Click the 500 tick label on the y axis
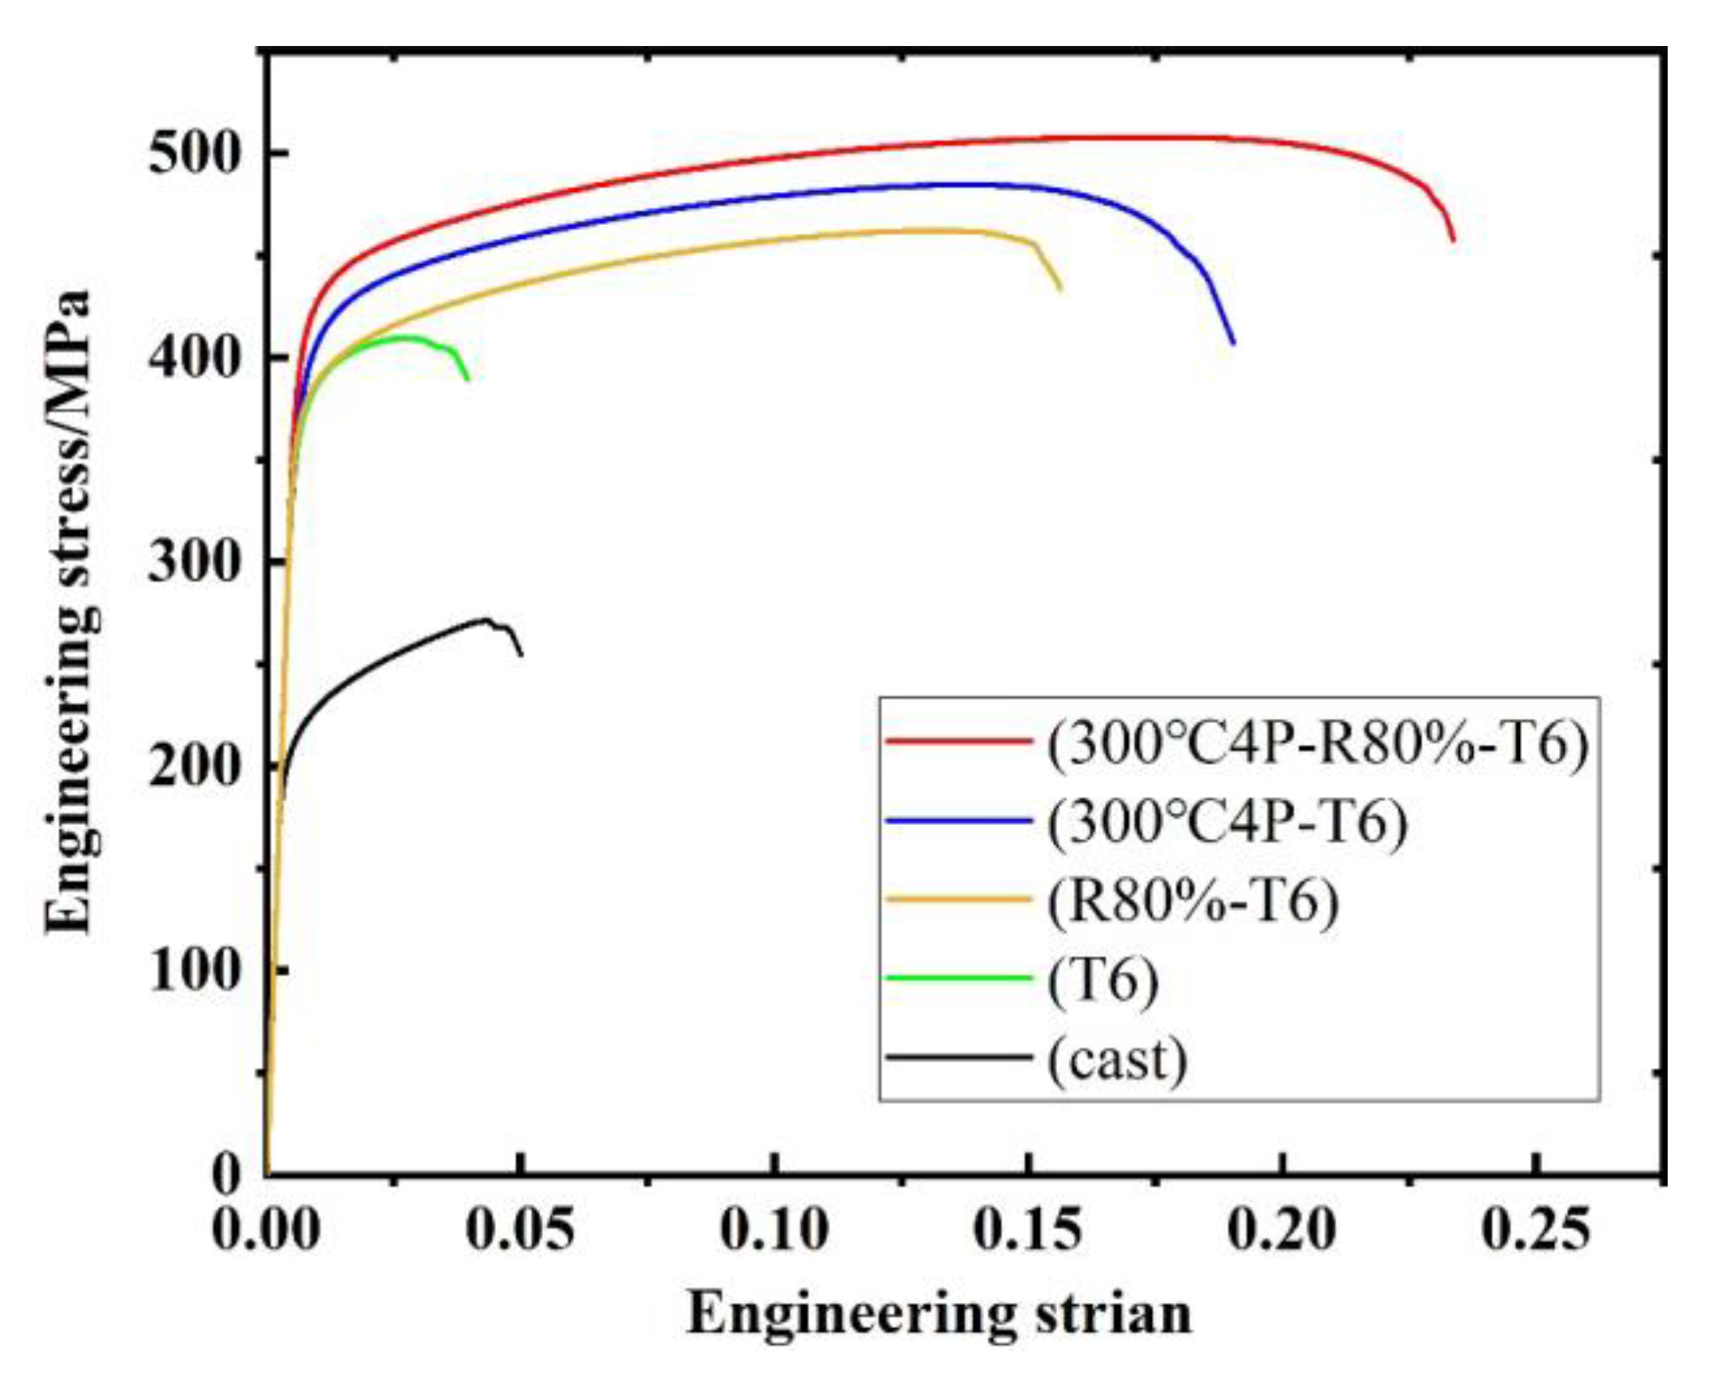tap(193, 154)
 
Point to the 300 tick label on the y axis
tap(193, 562)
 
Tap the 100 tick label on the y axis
tap(193, 970)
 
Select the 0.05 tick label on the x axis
tap(519, 1229)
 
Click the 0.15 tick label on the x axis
tap(1028, 1229)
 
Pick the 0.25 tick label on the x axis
tap(1536, 1229)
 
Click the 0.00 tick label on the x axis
tap(266, 1229)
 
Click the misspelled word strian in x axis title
tap(1113, 1313)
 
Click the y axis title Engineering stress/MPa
tap(69, 612)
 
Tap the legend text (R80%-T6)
tap(1193, 901)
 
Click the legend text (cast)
tap(1116, 1059)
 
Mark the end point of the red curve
tap(1452, 240)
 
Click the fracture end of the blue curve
tap(1233, 344)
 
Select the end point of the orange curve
tap(1060, 289)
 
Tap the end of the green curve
tap(468, 379)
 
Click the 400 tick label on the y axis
tap(193, 358)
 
